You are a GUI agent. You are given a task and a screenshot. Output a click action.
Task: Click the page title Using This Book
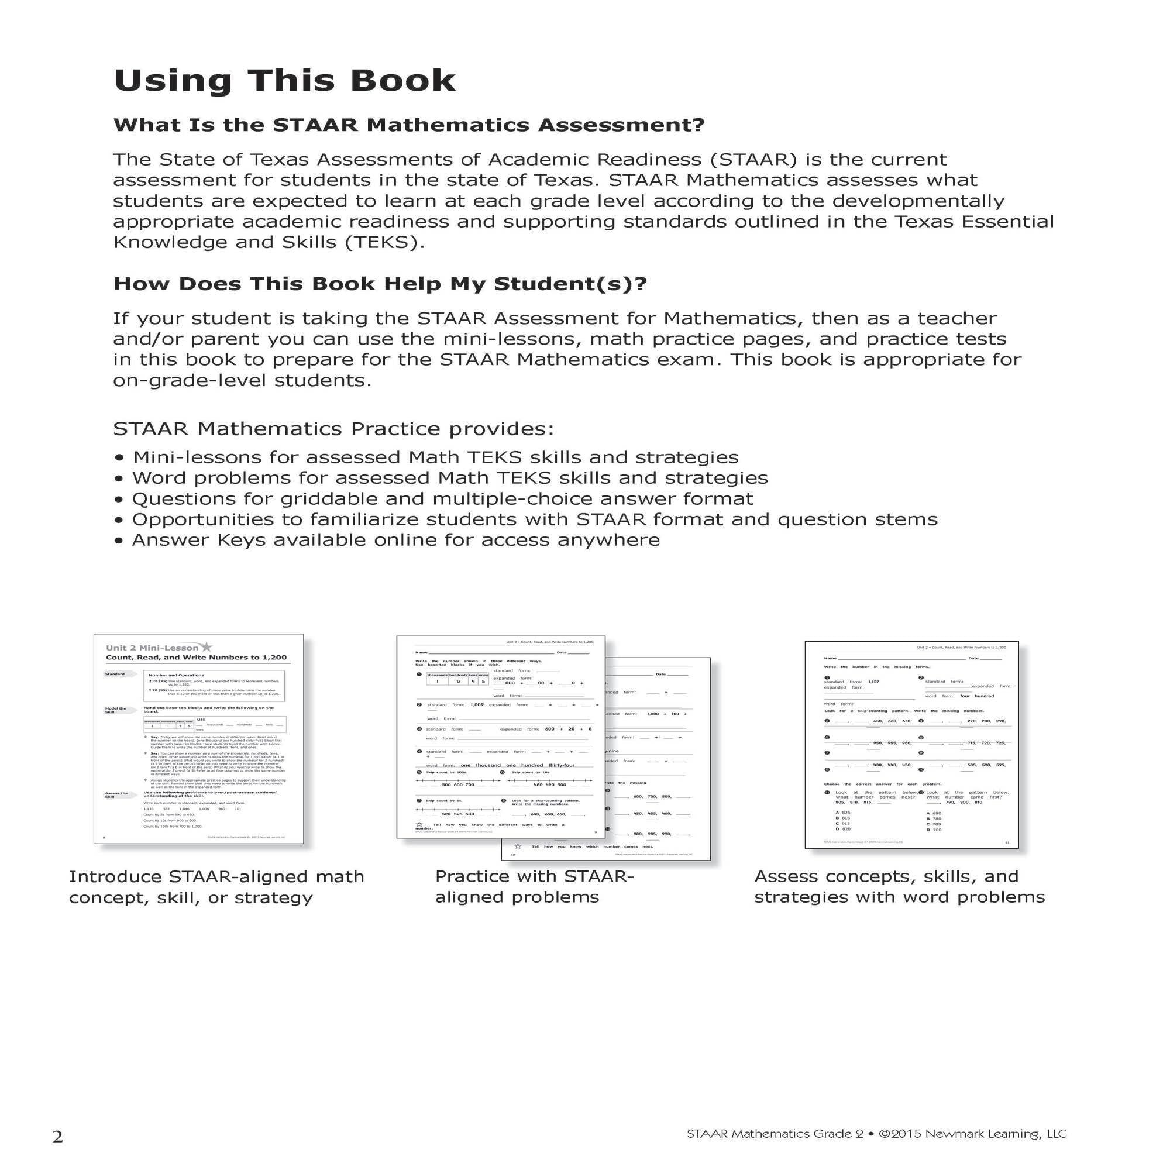click(284, 81)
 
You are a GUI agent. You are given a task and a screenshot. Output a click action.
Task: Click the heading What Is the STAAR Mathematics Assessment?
click(409, 125)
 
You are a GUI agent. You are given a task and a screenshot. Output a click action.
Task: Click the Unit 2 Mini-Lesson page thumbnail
click(199, 739)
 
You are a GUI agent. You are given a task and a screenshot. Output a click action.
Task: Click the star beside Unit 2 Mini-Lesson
click(207, 648)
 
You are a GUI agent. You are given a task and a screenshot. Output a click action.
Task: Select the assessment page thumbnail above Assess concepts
click(911, 745)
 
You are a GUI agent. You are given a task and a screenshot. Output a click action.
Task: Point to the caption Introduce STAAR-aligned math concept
click(216, 887)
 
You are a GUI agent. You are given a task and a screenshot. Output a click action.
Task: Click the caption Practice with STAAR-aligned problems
click(534, 887)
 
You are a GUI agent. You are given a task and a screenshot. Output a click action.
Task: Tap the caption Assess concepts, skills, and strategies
click(899, 887)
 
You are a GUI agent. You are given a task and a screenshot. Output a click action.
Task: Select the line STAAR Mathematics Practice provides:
click(333, 429)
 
